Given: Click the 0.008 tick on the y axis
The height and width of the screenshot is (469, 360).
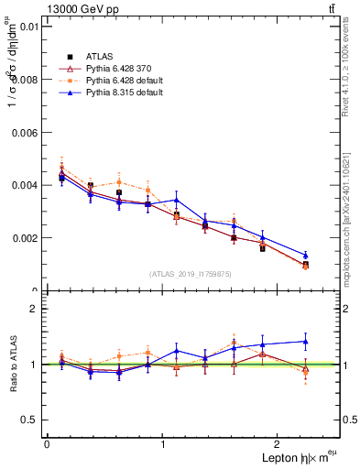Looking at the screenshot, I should click(x=25, y=80).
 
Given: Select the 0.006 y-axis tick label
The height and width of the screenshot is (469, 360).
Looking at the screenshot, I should click(x=25, y=133).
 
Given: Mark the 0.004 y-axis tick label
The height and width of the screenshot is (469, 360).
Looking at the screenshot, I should click(x=25, y=185).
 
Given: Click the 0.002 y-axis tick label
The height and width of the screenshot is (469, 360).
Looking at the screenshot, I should click(x=25, y=238).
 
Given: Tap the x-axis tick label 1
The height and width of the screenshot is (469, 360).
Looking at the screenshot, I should click(x=163, y=443).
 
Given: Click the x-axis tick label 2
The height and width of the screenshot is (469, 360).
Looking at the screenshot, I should click(x=279, y=443).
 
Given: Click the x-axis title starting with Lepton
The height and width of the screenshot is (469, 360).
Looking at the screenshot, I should click(x=297, y=457).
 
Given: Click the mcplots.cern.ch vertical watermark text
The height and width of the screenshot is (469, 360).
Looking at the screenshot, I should click(x=347, y=211).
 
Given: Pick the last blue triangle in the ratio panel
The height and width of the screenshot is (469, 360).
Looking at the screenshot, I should click(x=305, y=341).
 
